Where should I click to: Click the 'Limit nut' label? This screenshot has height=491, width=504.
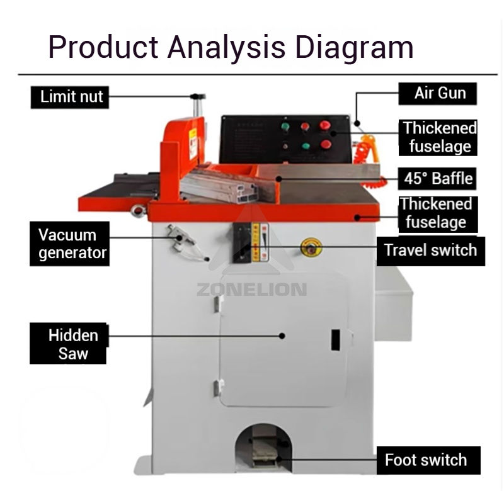click(x=71, y=97)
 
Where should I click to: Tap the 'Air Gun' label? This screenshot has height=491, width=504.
click(x=439, y=93)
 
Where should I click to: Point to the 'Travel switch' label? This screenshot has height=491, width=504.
click(x=431, y=251)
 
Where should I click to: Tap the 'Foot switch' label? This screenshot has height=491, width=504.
click(x=427, y=460)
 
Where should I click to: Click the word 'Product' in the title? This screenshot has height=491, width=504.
click(x=101, y=47)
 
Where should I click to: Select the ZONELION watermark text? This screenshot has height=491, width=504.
click(x=251, y=290)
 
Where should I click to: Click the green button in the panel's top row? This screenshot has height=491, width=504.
click(x=285, y=127)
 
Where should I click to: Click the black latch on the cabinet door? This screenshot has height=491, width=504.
click(x=336, y=339)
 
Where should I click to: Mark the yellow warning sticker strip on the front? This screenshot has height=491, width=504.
click(x=256, y=242)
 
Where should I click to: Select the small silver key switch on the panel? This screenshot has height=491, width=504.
click(x=285, y=146)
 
